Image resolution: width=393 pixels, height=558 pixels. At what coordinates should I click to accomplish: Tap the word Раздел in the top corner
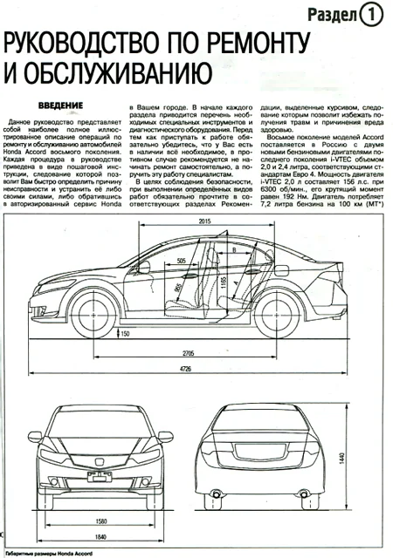click(x=330, y=14)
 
